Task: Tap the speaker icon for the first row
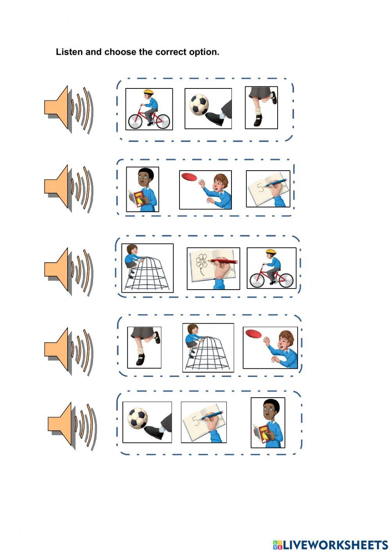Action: [x=68, y=110]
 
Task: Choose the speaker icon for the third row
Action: [x=68, y=271]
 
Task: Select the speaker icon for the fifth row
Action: [x=72, y=426]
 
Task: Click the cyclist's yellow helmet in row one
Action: [x=148, y=92]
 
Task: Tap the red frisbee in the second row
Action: [x=190, y=177]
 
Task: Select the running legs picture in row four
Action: [x=144, y=347]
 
